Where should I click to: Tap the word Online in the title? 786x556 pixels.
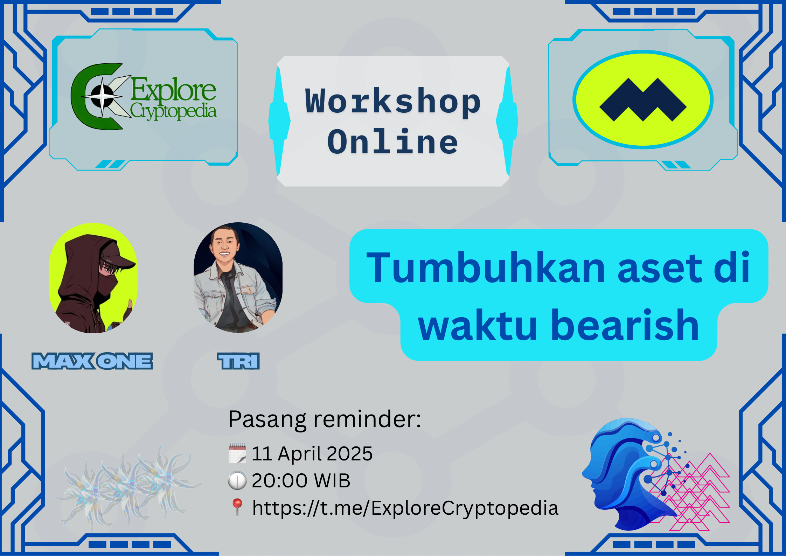(x=393, y=142)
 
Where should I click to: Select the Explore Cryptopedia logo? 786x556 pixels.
(x=143, y=96)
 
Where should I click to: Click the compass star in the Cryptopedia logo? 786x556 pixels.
(x=103, y=96)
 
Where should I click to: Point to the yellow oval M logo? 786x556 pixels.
(x=643, y=100)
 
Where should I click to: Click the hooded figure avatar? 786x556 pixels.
(x=93, y=278)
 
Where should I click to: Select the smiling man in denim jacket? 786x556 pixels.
(x=238, y=278)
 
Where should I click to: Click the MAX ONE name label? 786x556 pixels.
(x=92, y=361)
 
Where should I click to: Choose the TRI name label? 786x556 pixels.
(x=238, y=361)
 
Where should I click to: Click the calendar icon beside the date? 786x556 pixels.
(x=237, y=453)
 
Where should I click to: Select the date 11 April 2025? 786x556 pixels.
(x=312, y=454)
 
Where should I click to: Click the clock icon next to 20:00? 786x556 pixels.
(x=237, y=480)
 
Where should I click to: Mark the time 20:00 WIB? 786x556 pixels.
(x=301, y=480)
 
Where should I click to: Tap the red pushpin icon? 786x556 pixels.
(x=237, y=507)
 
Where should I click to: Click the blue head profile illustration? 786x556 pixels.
(x=630, y=474)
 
